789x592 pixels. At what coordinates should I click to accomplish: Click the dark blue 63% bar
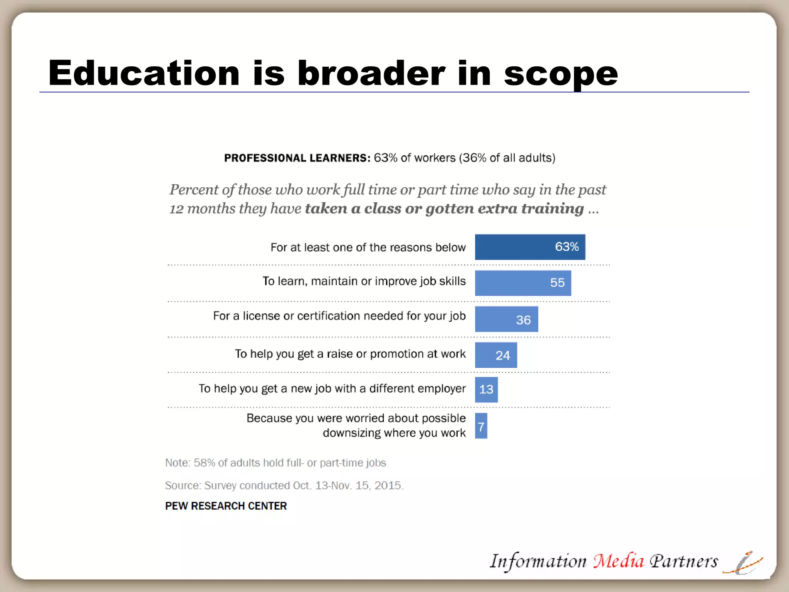(x=530, y=247)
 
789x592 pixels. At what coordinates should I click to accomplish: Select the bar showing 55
(x=523, y=283)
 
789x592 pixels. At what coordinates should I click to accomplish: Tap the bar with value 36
(x=506, y=319)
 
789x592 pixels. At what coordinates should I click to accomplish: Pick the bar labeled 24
(x=496, y=355)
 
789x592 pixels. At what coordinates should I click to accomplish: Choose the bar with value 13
(x=486, y=389)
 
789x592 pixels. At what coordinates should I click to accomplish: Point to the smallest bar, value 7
(x=481, y=426)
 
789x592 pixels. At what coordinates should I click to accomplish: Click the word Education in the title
(x=144, y=73)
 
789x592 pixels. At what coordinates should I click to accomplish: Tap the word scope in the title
(x=561, y=74)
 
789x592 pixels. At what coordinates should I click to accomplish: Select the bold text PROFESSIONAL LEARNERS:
(x=297, y=158)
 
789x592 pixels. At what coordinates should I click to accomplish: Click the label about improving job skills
(x=364, y=281)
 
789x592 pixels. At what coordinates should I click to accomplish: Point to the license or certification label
(x=339, y=316)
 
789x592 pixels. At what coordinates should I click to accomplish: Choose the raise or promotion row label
(x=350, y=354)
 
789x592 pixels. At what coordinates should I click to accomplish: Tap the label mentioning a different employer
(x=332, y=388)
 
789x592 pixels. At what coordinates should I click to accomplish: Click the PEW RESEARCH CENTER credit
(x=226, y=506)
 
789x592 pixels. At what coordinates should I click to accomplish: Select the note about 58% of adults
(x=275, y=463)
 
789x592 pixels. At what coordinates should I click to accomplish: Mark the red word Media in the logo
(x=618, y=561)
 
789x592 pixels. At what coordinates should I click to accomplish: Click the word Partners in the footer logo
(x=684, y=561)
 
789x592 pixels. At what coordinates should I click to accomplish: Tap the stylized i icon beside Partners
(x=743, y=563)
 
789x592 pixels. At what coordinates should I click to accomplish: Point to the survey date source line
(x=284, y=486)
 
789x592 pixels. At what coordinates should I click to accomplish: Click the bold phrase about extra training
(x=445, y=209)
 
